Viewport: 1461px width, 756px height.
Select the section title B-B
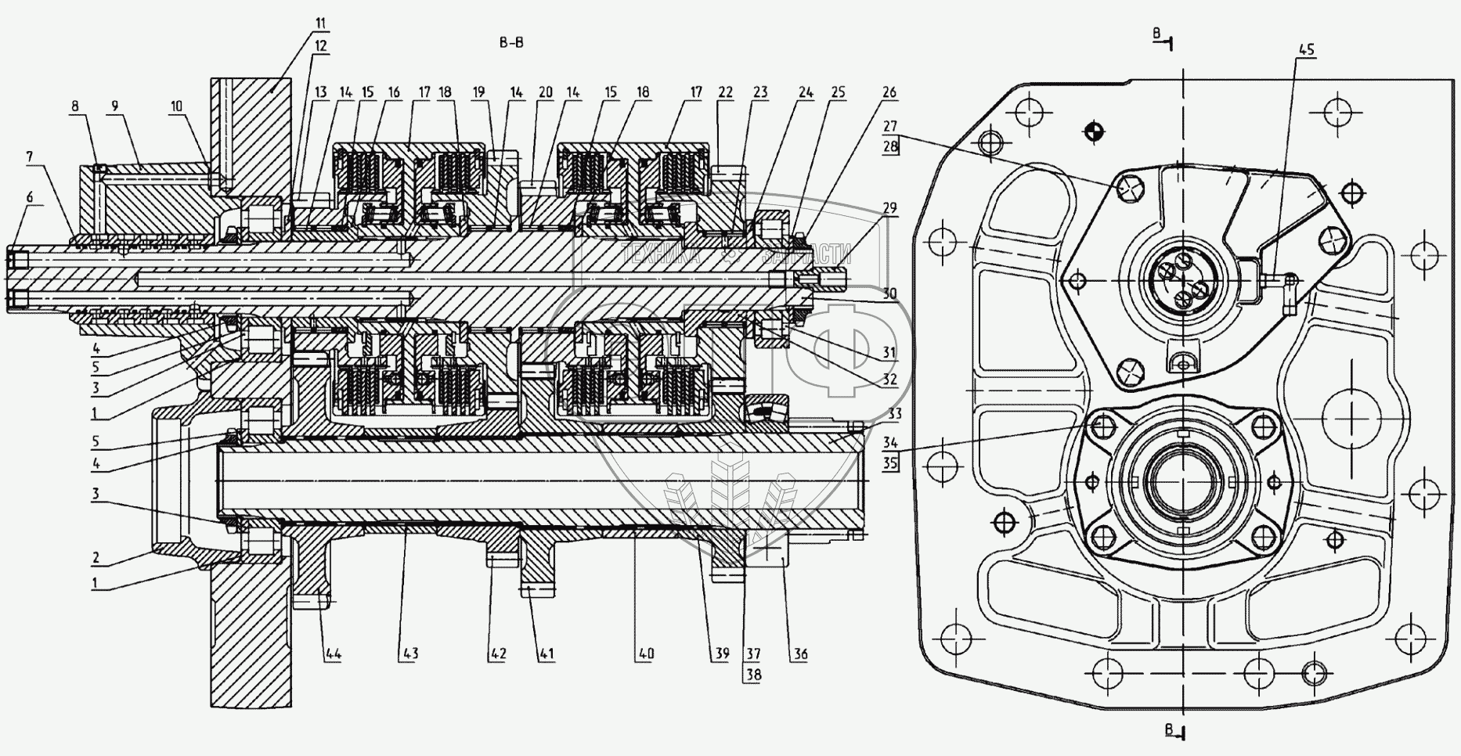511,43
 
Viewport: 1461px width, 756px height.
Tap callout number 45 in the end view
1307,50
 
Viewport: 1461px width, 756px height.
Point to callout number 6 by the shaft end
30,198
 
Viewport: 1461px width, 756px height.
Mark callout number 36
799,653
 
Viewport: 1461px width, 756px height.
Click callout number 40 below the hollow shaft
646,653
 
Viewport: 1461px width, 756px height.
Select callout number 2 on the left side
96,557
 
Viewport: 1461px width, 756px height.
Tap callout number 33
894,412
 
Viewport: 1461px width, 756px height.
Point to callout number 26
889,92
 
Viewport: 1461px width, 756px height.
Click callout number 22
725,92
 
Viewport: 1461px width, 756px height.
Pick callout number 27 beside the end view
889,126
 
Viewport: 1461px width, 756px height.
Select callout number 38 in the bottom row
753,674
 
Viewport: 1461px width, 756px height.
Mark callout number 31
889,353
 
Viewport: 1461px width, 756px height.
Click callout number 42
498,653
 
